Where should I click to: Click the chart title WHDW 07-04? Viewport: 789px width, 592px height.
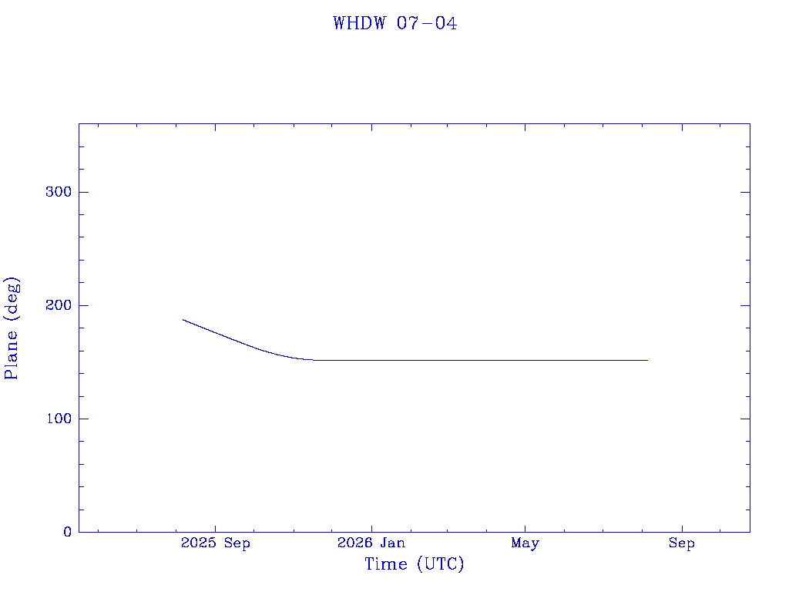tap(395, 23)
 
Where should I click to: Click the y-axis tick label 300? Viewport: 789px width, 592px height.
tap(59, 192)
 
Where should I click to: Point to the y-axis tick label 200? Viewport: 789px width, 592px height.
tap(59, 305)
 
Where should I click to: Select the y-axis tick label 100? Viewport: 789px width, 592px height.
tap(59, 419)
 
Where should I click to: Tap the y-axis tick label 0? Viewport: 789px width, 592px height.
tap(68, 532)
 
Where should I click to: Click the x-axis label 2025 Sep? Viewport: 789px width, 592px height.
tap(216, 543)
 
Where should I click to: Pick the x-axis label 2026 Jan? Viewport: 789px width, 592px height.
tap(371, 543)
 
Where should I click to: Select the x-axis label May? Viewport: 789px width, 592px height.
tap(525, 543)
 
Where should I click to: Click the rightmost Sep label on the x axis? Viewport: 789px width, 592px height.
tap(682, 543)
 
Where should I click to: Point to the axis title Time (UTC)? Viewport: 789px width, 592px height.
tap(414, 563)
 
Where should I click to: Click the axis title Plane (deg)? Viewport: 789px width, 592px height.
tap(11, 328)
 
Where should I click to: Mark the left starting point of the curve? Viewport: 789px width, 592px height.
tap(183, 320)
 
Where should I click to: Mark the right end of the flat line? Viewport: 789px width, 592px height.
tap(647, 361)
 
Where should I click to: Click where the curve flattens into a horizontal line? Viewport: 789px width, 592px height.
tap(312, 361)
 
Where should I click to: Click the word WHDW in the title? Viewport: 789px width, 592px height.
tap(359, 23)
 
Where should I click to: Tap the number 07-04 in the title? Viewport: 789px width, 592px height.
tap(427, 23)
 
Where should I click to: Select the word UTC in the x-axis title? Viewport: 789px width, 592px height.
tap(440, 563)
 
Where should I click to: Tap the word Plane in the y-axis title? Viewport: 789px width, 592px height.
tap(11, 355)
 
